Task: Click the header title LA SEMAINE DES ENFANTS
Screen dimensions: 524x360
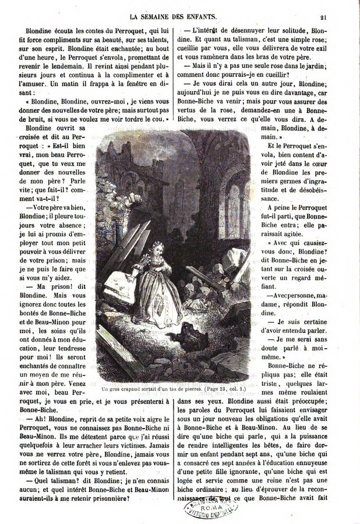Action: click(179, 8)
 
